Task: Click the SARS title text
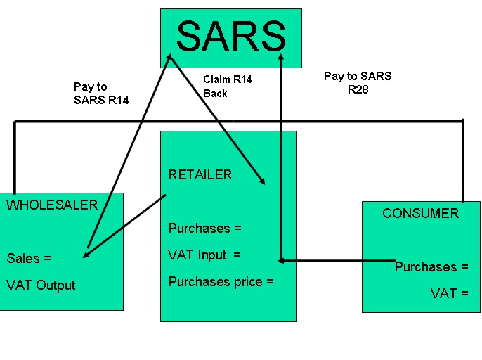[x=231, y=35]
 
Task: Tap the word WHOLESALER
[x=52, y=205]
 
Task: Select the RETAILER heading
[x=200, y=174]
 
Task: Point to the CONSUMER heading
[x=420, y=213]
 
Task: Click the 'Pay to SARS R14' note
[x=100, y=94]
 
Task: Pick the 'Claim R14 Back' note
[x=227, y=86]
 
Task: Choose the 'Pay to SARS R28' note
[x=358, y=83]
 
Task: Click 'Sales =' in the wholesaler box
[x=29, y=258]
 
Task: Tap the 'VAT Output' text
[x=41, y=285]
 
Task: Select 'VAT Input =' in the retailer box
[x=204, y=255]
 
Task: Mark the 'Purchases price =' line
[x=221, y=282]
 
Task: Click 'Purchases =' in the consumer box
[x=431, y=266]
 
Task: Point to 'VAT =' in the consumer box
[x=449, y=293]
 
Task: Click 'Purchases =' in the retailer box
[x=204, y=228]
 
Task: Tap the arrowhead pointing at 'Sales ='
[x=86, y=255]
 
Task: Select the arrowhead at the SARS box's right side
[x=280, y=56]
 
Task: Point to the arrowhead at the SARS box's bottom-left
[x=169, y=60]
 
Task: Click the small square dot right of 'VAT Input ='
[x=280, y=261]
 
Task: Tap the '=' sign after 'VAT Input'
[x=237, y=255]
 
